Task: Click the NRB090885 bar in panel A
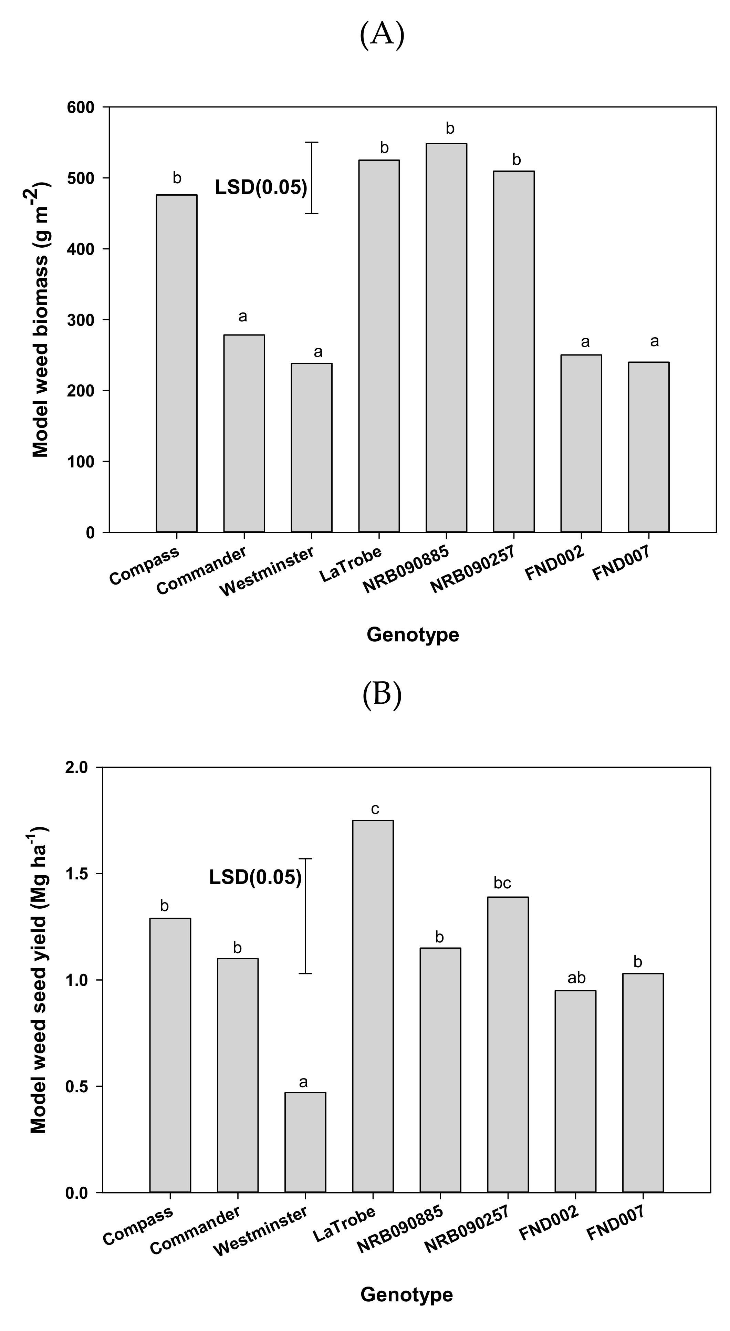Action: [x=446, y=338]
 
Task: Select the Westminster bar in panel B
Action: [x=305, y=1143]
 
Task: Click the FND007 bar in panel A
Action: [x=649, y=447]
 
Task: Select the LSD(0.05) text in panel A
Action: [x=261, y=187]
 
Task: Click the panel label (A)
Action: [x=382, y=35]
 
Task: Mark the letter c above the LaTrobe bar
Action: [x=375, y=809]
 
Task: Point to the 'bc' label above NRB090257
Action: [x=502, y=883]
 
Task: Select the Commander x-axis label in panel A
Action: [x=201, y=571]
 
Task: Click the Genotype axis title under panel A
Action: [x=413, y=634]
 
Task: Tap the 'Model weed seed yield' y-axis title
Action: [x=39, y=979]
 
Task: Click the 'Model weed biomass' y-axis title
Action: [x=40, y=319]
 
